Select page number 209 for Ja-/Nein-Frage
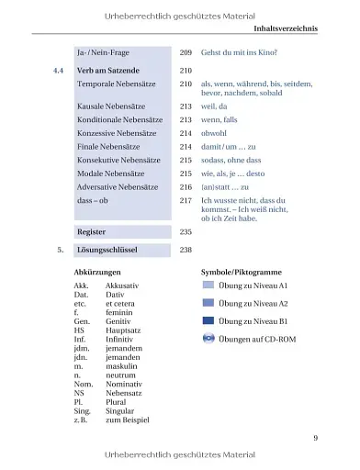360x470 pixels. point(186,54)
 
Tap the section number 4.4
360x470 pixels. point(58,70)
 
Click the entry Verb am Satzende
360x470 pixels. point(108,70)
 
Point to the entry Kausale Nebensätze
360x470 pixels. point(112,106)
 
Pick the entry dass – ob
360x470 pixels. point(96,199)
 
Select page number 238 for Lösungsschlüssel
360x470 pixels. point(186,250)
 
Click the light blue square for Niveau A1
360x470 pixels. point(208,285)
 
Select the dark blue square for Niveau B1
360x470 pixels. point(208,320)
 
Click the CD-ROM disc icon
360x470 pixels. point(208,339)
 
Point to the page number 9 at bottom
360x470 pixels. point(315,438)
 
